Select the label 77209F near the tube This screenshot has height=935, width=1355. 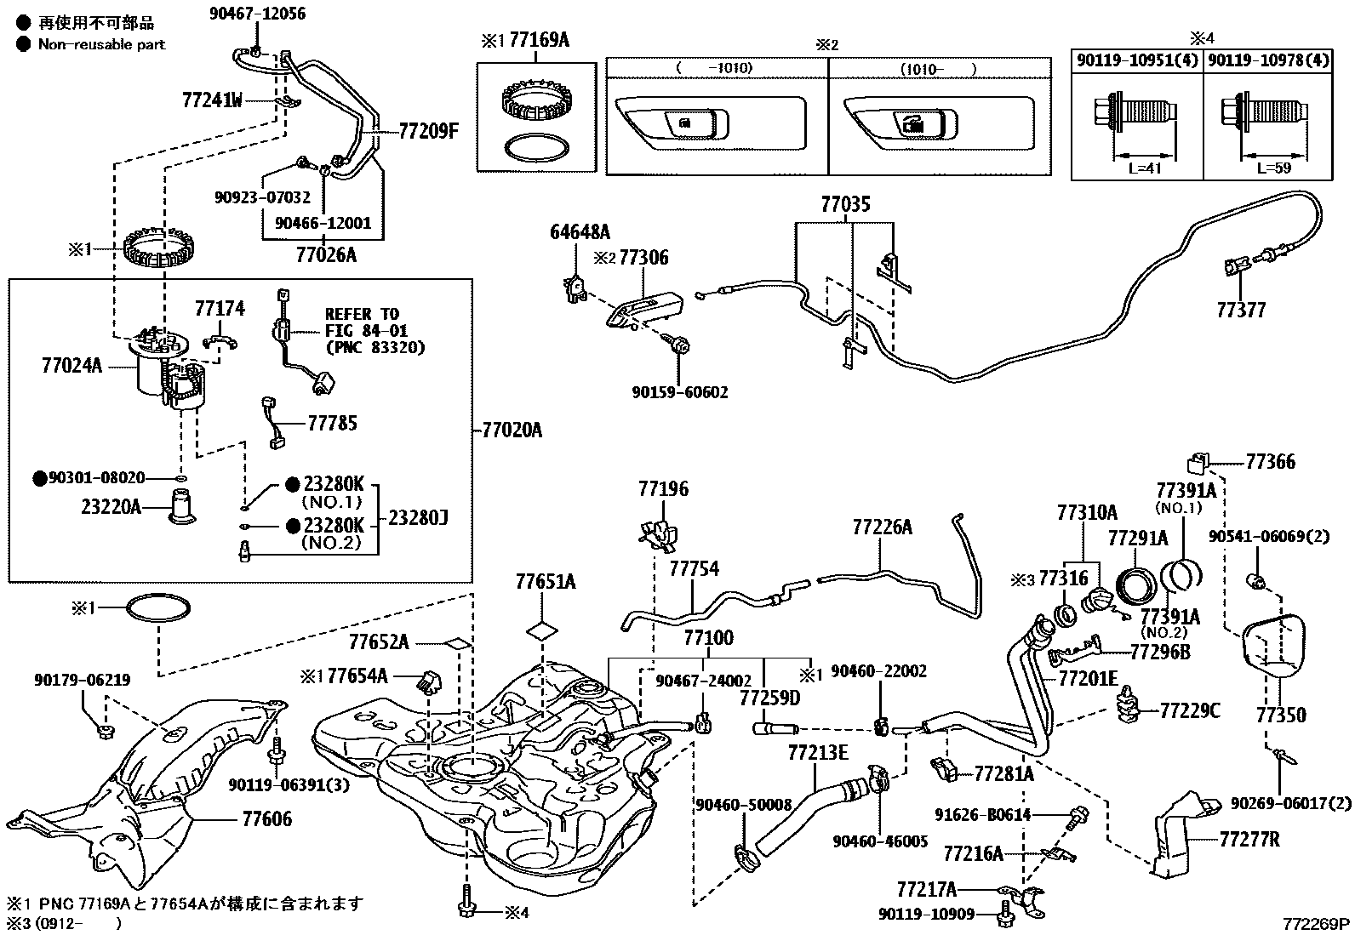428,131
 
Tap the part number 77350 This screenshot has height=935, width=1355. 1281,716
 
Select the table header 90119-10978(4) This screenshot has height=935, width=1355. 1267,60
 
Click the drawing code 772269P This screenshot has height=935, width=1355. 1317,924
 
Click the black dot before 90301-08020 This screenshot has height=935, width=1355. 39,478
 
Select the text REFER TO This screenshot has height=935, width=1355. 361,314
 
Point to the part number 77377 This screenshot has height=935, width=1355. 1240,311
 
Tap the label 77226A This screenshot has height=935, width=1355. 882,527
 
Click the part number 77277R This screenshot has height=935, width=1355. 1249,840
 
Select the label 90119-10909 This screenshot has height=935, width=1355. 927,914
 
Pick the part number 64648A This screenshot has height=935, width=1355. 580,231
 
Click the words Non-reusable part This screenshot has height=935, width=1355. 101,44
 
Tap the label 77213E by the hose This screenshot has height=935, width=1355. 817,752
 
